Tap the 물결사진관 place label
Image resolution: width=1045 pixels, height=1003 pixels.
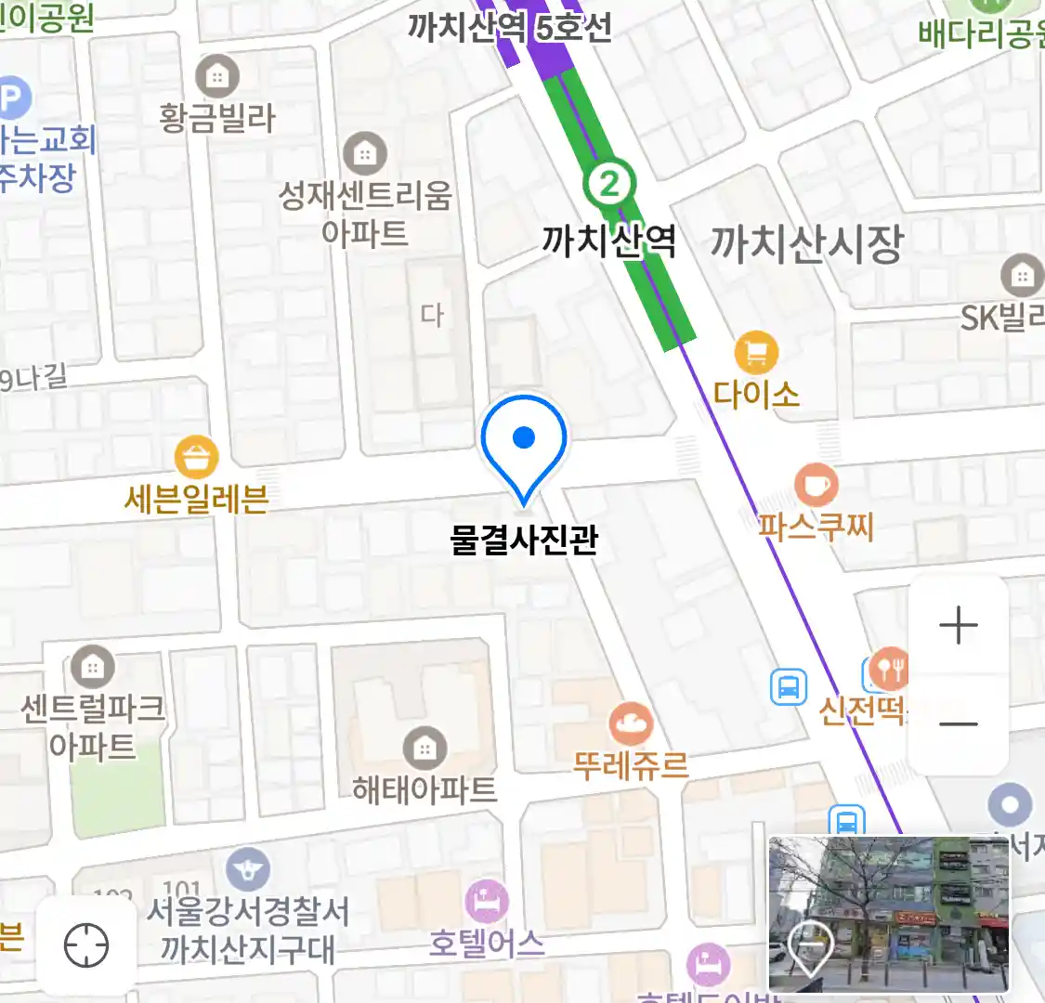pyautogui.click(x=524, y=540)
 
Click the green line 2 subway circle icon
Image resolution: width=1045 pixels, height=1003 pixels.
pyautogui.click(x=609, y=183)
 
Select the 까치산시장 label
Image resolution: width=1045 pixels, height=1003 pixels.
pyautogui.click(x=806, y=243)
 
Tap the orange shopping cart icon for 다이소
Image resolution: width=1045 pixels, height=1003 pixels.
pyautogui.click(x=756, y=353)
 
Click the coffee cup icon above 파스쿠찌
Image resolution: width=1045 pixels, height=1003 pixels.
pyautogui.click(x=816, y=485)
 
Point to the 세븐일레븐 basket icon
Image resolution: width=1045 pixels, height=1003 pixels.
pyautogui.click(x=197, y=458)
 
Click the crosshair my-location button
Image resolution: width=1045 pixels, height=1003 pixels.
pyautogui.click(x=86, y=946)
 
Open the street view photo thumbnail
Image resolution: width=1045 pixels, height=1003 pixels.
pyautogui.click(x=888, y=914)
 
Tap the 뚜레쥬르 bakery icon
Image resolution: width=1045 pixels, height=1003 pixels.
pyautogui.click(x=631, y=723)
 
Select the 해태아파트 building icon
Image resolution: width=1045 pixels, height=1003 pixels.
pyautogui.click(x=425, y=748)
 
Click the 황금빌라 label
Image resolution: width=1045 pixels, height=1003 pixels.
pyautogui.click(x=217, y=119)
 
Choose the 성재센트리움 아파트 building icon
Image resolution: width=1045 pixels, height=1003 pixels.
pyautogui.click(x=365, y=153)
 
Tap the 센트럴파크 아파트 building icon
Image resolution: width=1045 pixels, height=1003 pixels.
pyautogui.click(x=92, y=667)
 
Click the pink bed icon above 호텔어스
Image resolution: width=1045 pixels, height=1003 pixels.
pyautogui.click(x=486, y=901)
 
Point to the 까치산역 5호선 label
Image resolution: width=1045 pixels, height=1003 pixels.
pyautogui.click(x=510, y=28)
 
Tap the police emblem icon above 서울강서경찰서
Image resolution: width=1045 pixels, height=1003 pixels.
pyautogui.click(x=247, y=870)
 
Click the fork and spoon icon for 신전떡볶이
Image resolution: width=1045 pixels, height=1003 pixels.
pyautogui.click(x=888, y=669)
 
